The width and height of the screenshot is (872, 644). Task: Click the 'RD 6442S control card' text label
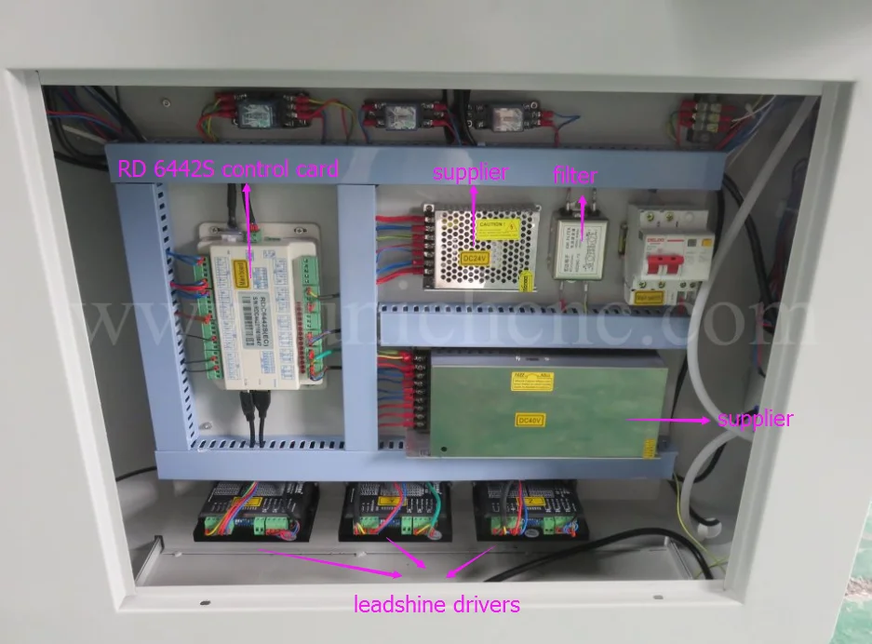click(227, 169)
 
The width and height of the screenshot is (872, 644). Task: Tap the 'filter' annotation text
click(574, 174)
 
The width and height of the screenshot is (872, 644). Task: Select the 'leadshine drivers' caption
click(436, 605)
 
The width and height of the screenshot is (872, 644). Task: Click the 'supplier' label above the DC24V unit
click(471, 171)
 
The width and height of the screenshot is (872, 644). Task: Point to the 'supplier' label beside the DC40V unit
click(755, 419)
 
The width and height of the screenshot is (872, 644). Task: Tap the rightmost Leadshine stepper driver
click(528, 512)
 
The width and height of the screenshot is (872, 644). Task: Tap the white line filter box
click(581, 245)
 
